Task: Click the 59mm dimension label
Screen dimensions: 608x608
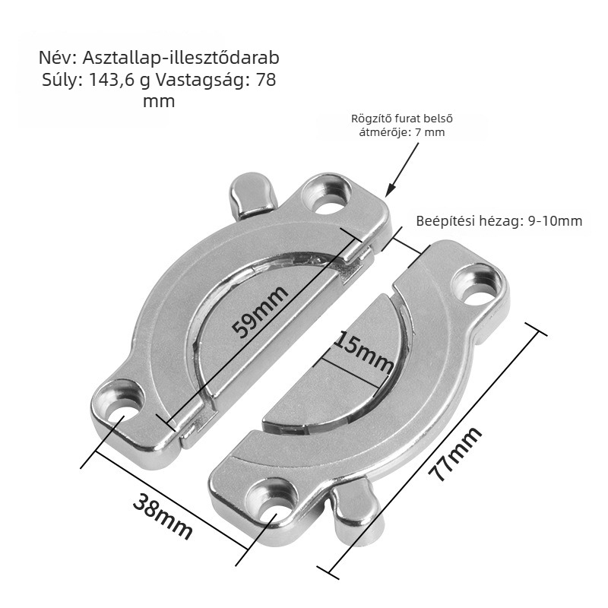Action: click(x=261, y=312)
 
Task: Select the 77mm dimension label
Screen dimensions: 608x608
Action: click(x=455, y=453)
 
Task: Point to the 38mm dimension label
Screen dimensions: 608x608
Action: click(x=163, y=516)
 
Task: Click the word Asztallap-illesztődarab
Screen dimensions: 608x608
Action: click(x=181, y=59)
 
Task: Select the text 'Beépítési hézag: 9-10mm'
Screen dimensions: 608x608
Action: click(x=499, y=221)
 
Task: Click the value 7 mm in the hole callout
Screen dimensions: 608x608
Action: click(x=429, y=132)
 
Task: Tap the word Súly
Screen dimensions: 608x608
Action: click(x=62, y=80)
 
